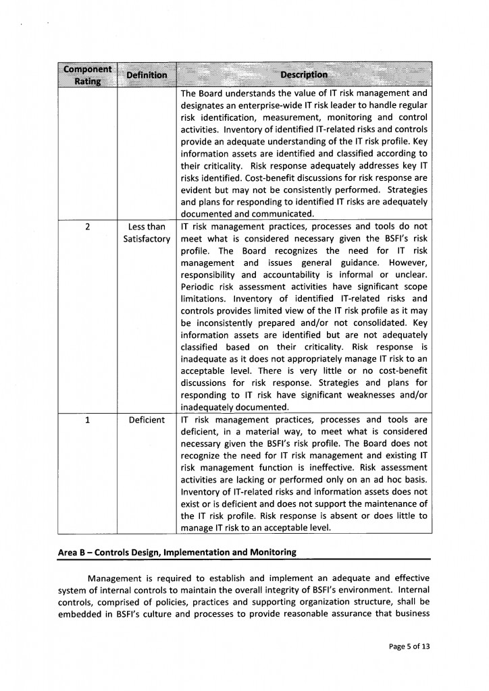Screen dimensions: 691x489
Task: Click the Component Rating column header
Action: coord(87,75)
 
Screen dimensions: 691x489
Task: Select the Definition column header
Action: coord(147,75)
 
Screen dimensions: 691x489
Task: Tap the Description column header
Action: coord(304,74)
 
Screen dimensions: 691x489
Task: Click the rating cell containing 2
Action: coord(88,227)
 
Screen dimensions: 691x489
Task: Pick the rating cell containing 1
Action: coord(88,420)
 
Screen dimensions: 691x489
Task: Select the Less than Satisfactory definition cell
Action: coord(147,233)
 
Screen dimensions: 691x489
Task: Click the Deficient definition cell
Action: coord(147,420)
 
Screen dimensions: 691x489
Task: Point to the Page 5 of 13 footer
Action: coord(409,646)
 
